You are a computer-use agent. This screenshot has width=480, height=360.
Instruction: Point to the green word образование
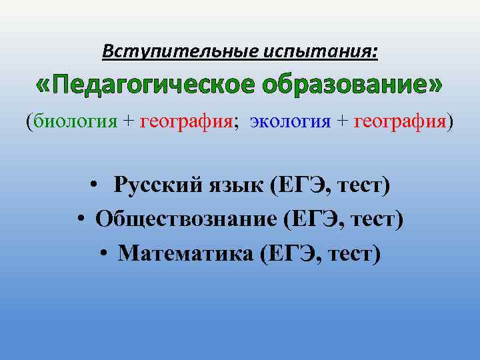pos(349,86)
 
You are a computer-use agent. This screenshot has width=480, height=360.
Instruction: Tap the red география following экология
pos(400,121)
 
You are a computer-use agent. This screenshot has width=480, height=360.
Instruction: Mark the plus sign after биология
pos(128,122)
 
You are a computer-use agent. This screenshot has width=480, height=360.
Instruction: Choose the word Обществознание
pos(185,218)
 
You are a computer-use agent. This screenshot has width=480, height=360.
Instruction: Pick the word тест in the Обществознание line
pos(376,219)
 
